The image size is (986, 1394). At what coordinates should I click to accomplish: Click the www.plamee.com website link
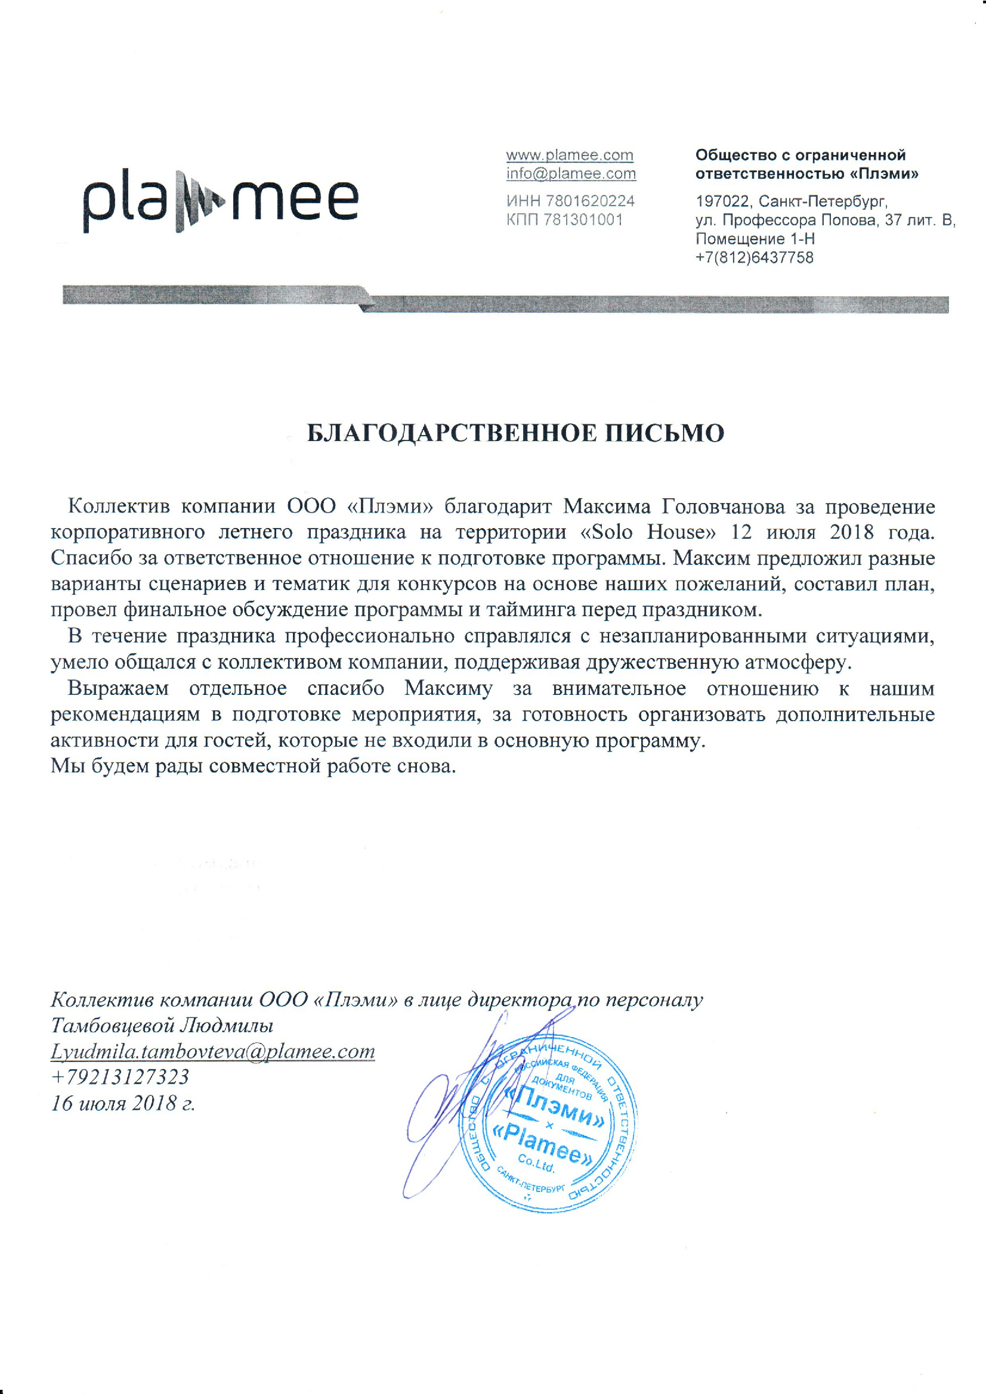click(570, 156)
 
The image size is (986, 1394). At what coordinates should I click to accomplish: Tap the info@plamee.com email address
click(571, 174)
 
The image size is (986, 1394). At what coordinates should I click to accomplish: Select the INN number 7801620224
click(590, 201)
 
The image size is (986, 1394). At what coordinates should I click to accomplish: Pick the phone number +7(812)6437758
click(755, 257)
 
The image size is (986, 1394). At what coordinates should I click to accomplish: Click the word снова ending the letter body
click(426, 766)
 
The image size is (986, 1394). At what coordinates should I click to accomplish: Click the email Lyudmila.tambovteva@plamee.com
click(212, 1051)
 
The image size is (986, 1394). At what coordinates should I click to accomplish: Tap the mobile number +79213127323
click(120, 1077)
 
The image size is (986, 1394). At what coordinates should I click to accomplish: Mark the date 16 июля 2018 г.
click(123, 1103)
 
